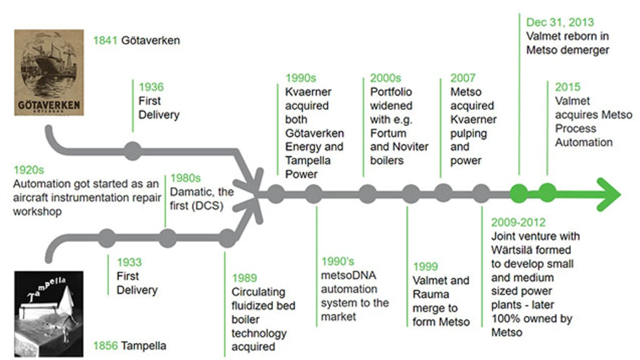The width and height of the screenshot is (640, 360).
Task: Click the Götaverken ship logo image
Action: (x=49, y=72)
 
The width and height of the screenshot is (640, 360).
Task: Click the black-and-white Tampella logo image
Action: (x=49, y=314)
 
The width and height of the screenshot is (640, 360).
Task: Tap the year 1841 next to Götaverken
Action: (x=105, y=41)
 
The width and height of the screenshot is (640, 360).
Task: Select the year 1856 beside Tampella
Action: (x=106, y=346)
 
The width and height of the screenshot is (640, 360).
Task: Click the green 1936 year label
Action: (x=151, y=87)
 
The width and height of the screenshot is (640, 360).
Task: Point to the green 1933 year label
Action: (x=129, y=262)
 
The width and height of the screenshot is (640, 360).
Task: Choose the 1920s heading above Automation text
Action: (x=29, y=170)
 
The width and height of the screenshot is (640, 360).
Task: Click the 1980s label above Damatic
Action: (x=186, y=178)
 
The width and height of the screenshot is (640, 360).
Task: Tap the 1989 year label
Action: (x=245, y=278)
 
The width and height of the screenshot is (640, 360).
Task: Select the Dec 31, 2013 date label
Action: (x=560, y=22)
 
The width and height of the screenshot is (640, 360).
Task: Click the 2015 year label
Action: (x=568, y=87)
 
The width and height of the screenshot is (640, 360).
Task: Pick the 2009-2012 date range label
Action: (x=518, y=222)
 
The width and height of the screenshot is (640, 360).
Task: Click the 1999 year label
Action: (x=426, y=266)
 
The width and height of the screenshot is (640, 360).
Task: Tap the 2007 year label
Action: (x=463, y=78)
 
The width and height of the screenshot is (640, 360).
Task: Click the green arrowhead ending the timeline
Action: (x=609, y=195)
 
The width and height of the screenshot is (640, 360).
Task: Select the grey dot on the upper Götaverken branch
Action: (x=132, y=151)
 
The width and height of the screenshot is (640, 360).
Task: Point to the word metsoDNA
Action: (x=349, y=275)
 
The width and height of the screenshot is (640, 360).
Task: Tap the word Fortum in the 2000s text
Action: (x=388, y=133)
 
